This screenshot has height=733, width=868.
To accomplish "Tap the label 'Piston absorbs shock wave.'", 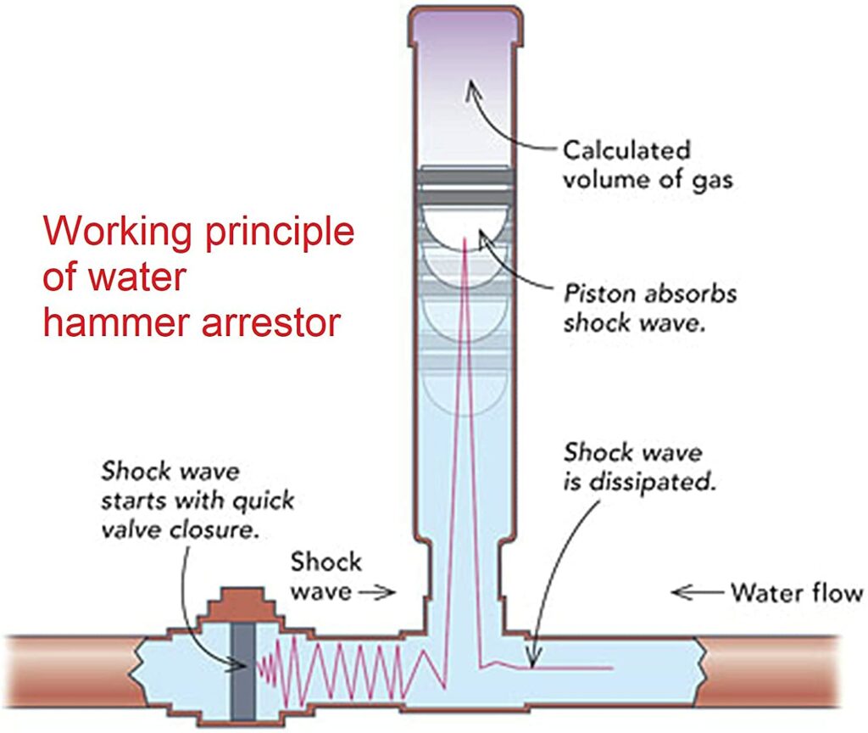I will (650, 309).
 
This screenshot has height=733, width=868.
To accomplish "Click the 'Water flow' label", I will (796, 592).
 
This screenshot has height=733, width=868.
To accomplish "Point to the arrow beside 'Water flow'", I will (695, 592).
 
